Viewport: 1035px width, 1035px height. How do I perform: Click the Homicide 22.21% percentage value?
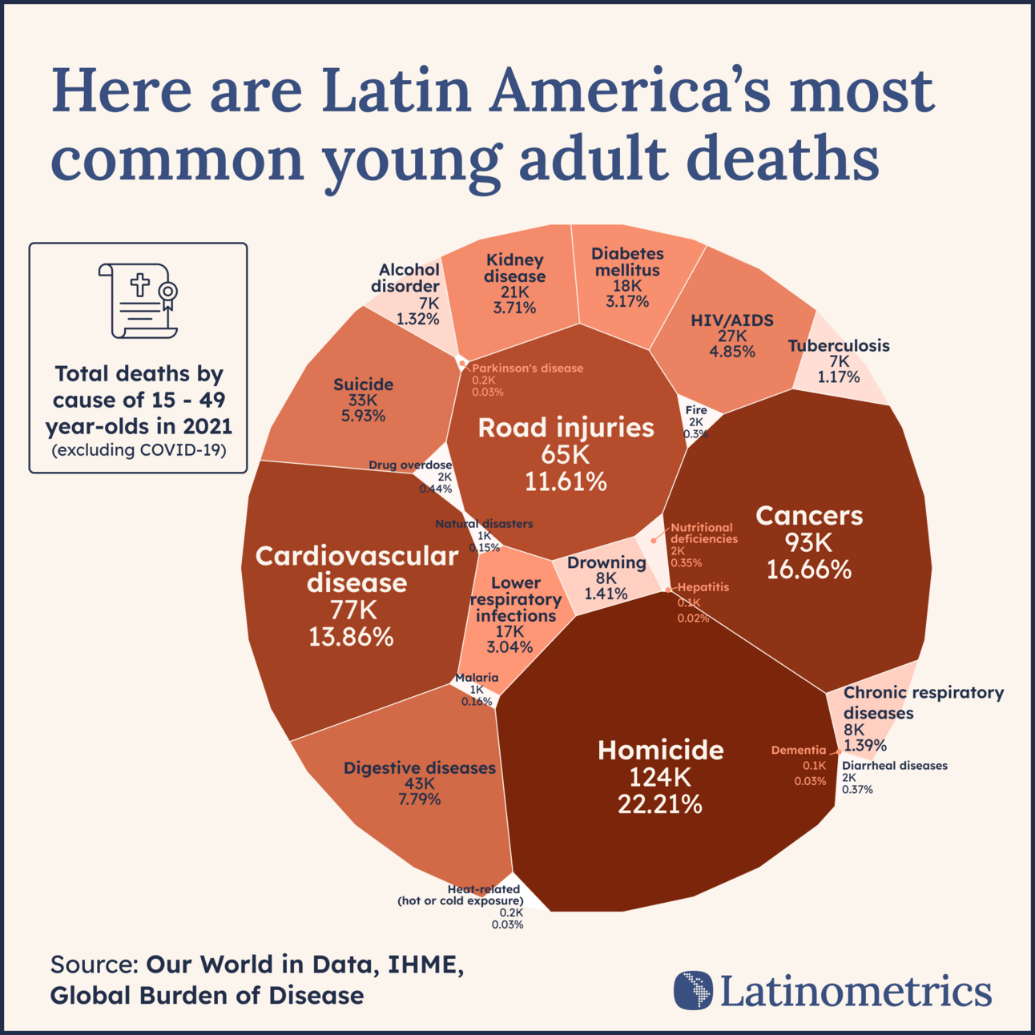pyautogui.click(x=659, y=804)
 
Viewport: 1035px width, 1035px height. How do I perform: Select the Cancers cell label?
pyautogui.click(x=809, y=515)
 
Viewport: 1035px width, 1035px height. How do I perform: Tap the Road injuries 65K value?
pyautogui.click(x=565, y=455)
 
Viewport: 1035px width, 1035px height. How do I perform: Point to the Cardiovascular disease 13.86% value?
pyautogui.click(x=351, y=637)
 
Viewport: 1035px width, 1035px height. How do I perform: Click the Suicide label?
pyautogui.click(x=363, y=385)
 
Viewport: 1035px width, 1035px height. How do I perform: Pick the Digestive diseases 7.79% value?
pyautogui.click(x=419, y=799)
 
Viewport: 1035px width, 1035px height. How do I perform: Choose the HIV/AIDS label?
pyautogui.click(x=732, y=320)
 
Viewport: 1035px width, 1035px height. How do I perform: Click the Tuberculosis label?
pyautogui.click(x=838, y=346)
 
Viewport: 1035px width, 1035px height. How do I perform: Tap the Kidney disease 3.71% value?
pyautogui.click(x=514, y=308)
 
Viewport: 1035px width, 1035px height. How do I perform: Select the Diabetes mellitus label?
pyautogui.click(x=627, y=262)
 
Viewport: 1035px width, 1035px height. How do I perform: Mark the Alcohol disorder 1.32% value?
pyautogui.click(x=417, y=319)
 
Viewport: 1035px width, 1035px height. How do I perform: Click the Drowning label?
pyautogui.click(x=606, y=562)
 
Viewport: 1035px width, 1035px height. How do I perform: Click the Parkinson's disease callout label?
pyautogui.click(x=527, y=368)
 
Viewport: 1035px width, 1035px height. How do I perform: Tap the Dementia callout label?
pyautogui.click(x=798, y=751)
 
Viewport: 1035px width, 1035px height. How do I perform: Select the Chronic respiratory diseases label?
pyautogui.click(x=923, y=702)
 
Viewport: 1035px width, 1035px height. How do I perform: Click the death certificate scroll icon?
pyautogui.click(x=138, y=300)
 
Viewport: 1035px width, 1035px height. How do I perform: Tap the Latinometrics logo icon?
pyautogui.click(x=693, y=990)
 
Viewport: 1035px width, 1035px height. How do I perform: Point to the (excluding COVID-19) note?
pyautogui.click(x=139, y=450)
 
